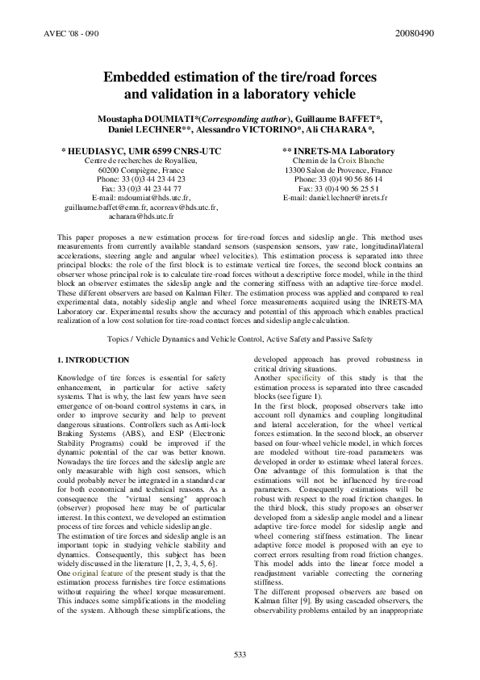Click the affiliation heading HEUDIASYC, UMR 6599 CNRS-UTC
(144, 151)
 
